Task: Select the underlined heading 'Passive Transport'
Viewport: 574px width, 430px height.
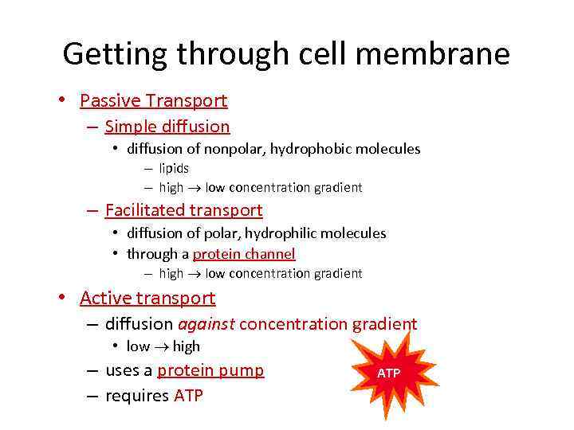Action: pyautogui.click(x=154, y=100)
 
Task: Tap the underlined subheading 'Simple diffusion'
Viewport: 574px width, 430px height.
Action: pyautogui.click(x=167, y=127)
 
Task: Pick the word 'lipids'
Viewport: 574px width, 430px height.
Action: pyautogui.click(x=174, y=168)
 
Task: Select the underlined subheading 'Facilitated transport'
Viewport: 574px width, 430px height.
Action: pyautogui.click(x=183, y=210)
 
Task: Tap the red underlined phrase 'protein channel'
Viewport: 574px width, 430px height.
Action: pyautogui.click(x=244, y=254)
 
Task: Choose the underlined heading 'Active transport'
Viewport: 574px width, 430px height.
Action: pyautogui.click(x=147, y=298)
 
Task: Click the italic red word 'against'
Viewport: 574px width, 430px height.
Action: pyautogui.click(x=206, y=324)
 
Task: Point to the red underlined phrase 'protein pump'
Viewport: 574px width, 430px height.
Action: pyautogui.click(x=210, y=370)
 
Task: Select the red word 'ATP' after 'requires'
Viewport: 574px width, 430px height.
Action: pyautogui.click(x=188, y=396)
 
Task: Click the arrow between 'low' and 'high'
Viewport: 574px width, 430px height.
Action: pyautogui.click(x=161, y=347)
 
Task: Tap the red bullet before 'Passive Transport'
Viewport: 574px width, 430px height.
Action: pyautogui.click(x=61, y=101)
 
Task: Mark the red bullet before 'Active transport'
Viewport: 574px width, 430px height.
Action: pyautogui.click(x=61, y=299)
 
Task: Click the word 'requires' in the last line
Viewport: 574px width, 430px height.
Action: pyautogui.click(x=137, y=396)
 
